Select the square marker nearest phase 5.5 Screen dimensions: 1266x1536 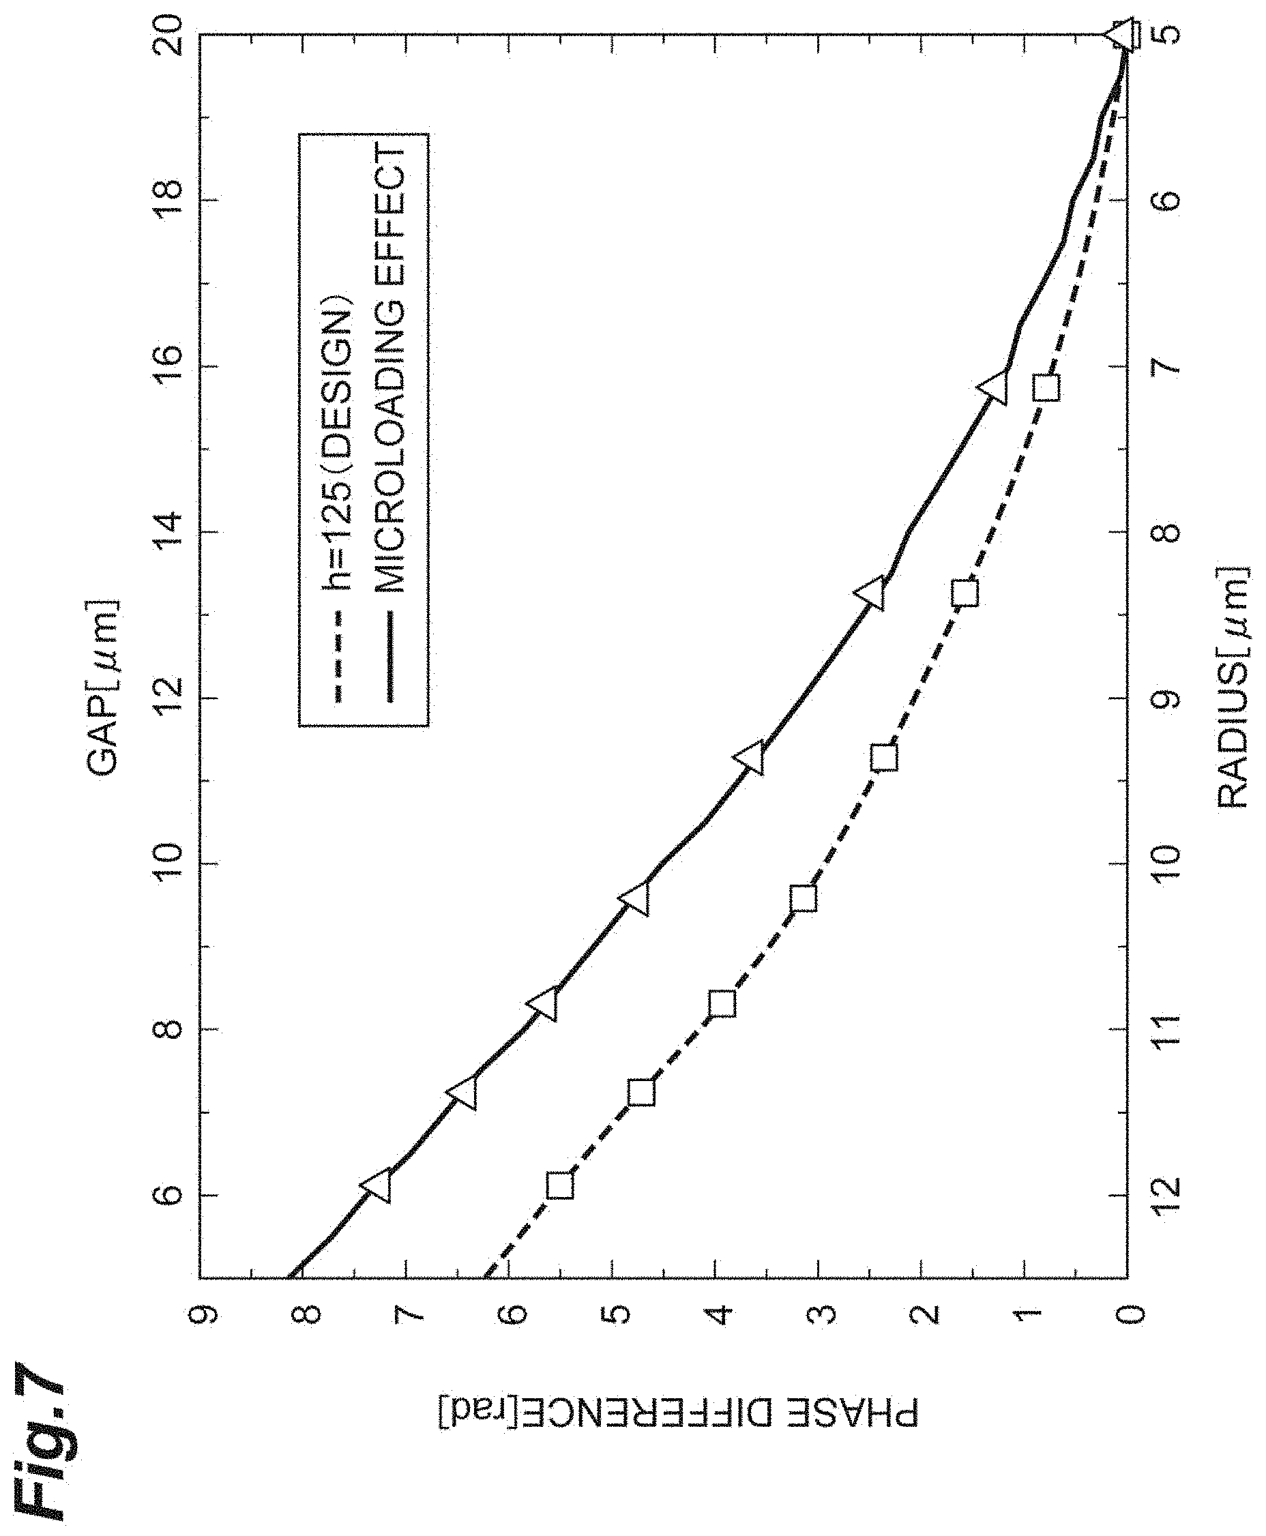pyautogui.click(x=560, y=1186)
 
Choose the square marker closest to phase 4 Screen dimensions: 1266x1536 pyautogui.click(x=722, y=1004)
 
